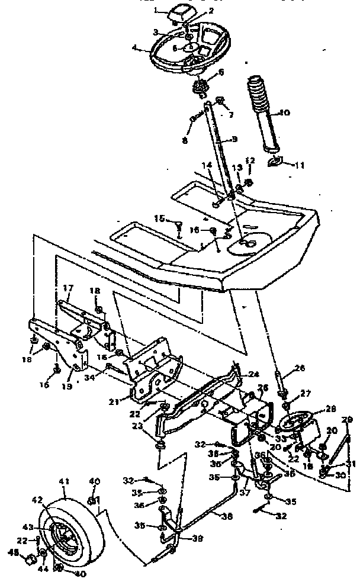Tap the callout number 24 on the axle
click(254, 374)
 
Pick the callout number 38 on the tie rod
click(227, 516)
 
